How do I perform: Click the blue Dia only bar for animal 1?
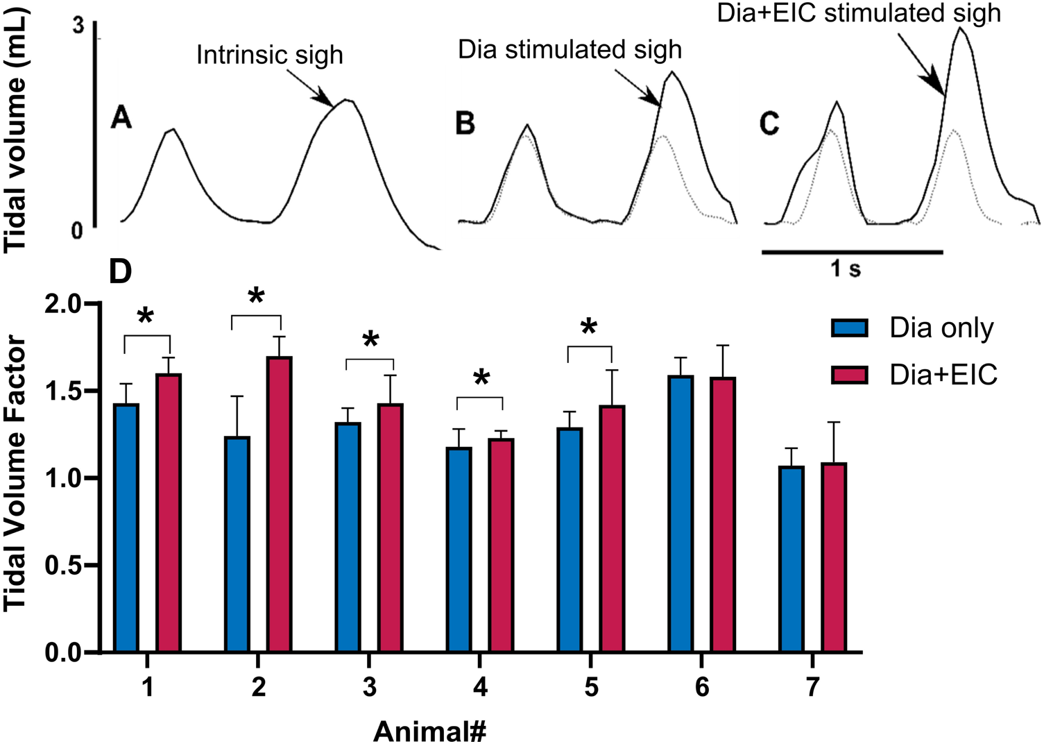tap(126, 527)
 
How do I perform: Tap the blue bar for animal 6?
tap(681, 514)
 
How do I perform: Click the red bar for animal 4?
tap(501, 546)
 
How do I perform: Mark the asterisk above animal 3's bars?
tap(370, 341)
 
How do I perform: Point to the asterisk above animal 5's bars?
tap(589, 328)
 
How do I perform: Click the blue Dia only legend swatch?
tap(850, 328)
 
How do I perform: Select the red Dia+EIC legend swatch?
tap(850, 375)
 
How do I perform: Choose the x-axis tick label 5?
tap(591, 687)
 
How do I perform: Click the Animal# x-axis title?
tap(429, 731)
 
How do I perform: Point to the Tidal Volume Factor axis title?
tap(15, 473)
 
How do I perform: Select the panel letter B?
tap(465, 124)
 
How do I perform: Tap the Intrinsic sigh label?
tap(269, 55)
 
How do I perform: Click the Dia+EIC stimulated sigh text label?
tap(859, 13)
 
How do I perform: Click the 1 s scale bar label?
tap(846, 268)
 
